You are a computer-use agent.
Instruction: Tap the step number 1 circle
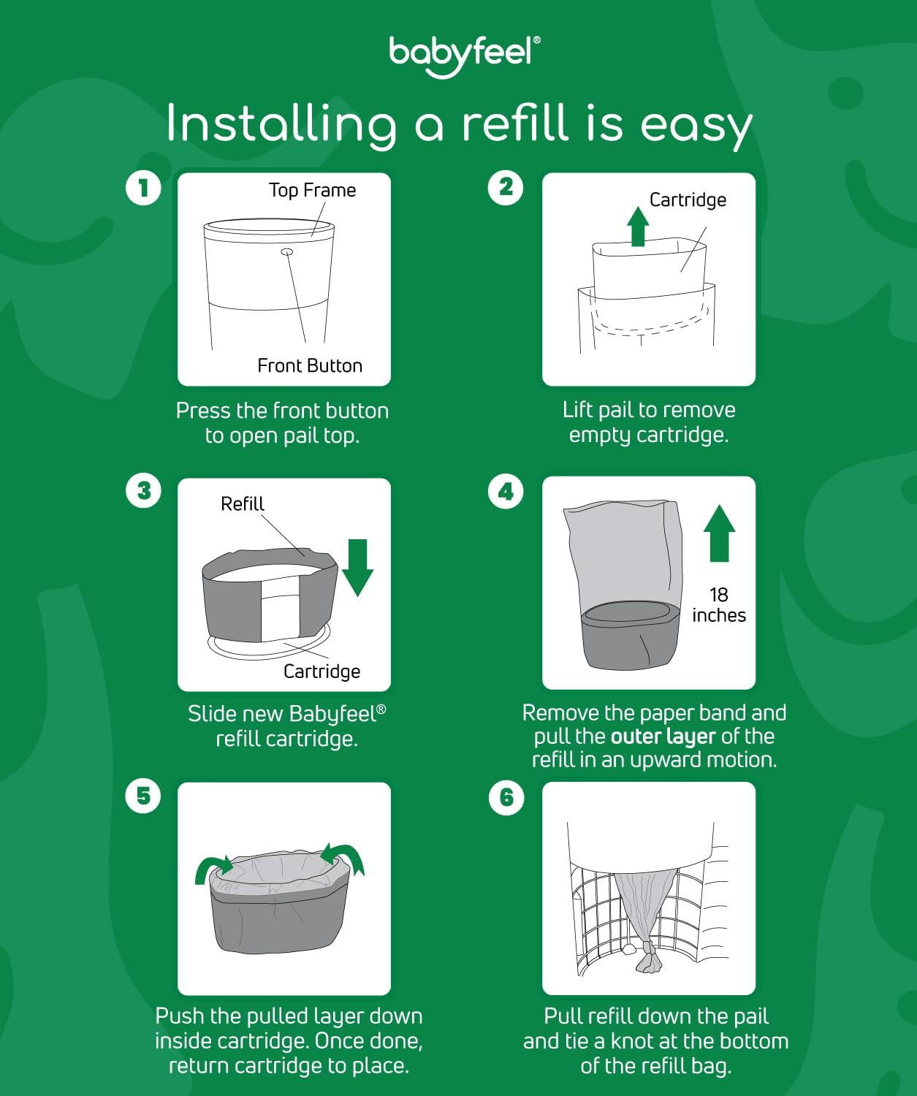tap(143, 188)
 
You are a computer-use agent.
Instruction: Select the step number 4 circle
tap(506, 492)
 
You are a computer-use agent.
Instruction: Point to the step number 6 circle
tap(506, 797)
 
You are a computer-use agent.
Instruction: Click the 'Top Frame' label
tap(312, 190)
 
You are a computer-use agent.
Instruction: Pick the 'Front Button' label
tap(310, 365)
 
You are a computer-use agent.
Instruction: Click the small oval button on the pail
tap(287, 252)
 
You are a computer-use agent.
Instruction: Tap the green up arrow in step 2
tap(639, 227)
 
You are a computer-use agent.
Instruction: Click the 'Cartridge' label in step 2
tap(688, 200)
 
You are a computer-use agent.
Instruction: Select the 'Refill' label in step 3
tap(242, 504)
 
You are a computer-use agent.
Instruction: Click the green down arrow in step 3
tap(357, 568)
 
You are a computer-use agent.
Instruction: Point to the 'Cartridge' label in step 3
tap(321, 671)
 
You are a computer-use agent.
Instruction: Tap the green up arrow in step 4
tap(719, 533)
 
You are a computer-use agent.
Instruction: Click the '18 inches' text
tap(718, 605)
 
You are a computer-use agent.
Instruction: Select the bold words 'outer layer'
tap(663, 737)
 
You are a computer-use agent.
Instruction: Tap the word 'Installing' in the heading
tap(281, 124)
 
